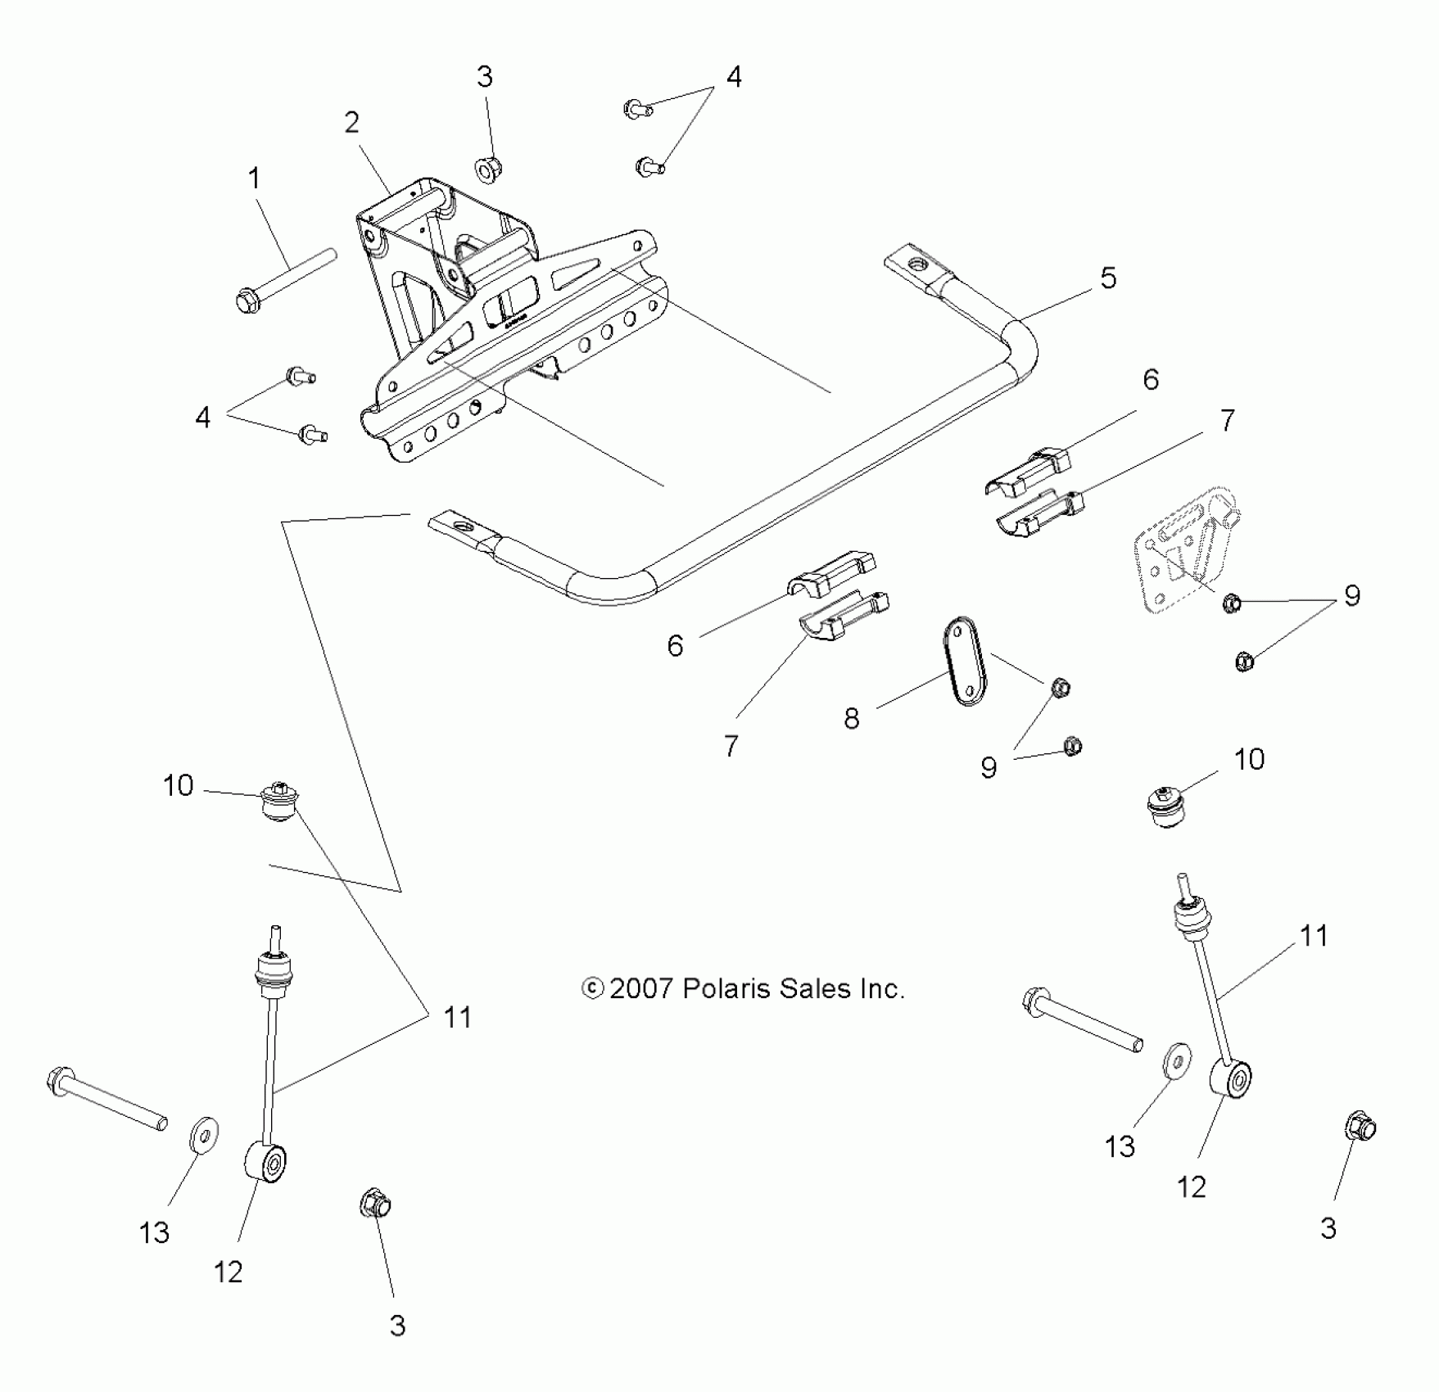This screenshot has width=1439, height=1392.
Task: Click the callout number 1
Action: pyautogui.click(x=254, y=179)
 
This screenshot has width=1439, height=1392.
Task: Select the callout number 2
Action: pyautogui.click(x=351, y=123)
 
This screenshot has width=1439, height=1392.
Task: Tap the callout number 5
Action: pyautogui.click(x=1107, y=278)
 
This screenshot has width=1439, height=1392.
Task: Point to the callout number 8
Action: pyautogui.click(x=852, y=719)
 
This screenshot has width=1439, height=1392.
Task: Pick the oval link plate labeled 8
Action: pyautogui.click(x=965, y=662)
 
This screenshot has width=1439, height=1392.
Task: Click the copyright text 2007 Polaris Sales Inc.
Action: pyautogui.click(x=743, y=989)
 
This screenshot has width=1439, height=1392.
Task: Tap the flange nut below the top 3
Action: pyautogui.click(x=488, y=169)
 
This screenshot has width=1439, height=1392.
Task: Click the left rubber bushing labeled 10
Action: pyautogui.click(x=279, y=802)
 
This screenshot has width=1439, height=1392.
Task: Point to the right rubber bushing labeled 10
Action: pyautogui.click(x=1165, y=806)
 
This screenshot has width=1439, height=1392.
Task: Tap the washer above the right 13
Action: pyautogui.click(x=1177, y=1062)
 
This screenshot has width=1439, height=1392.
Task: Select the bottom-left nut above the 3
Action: pyautogui.click(x=376, y=1204)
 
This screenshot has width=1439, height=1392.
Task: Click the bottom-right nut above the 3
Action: pyautogui.click(x=1360, y=1128)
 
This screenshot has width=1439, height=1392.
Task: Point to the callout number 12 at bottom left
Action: pyautogui.click(x=229, y=1272)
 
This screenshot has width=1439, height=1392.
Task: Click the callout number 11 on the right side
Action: pyautogui.click(x=1314, y=936)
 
